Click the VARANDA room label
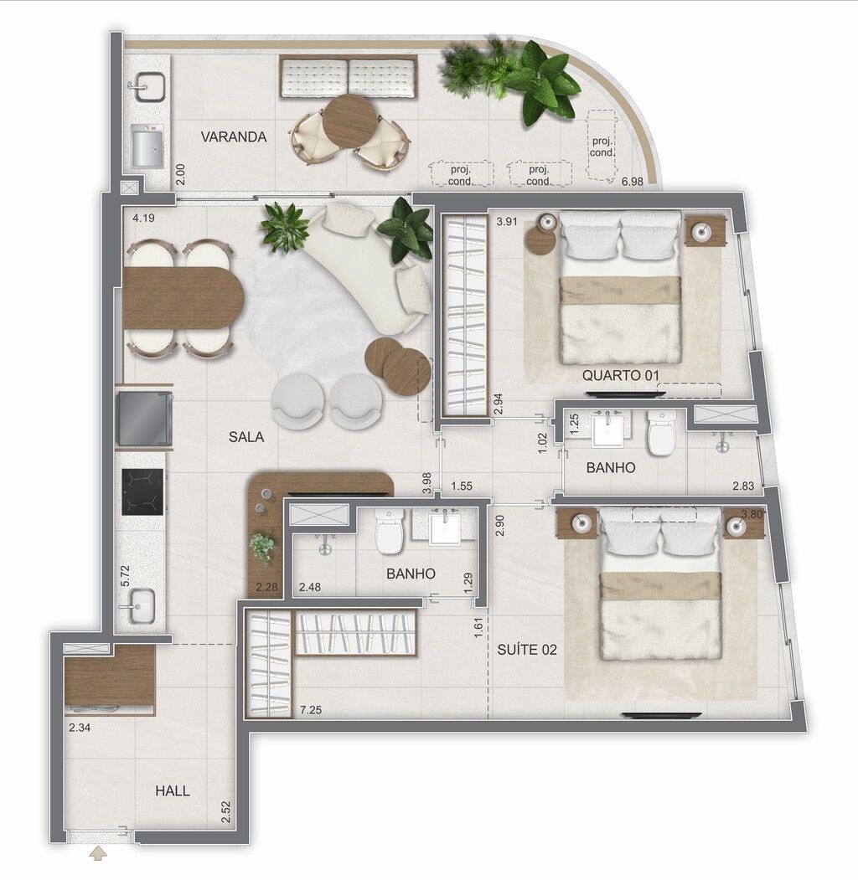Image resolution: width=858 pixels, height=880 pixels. [234, 137]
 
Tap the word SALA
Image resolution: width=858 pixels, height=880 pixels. [246, 436]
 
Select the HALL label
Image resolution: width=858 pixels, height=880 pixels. [173, 790]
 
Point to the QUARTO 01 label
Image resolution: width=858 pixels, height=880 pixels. [620, 375]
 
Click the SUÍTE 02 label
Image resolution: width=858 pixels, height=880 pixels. [527, 650]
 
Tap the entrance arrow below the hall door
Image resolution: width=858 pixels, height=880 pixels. [99, 853]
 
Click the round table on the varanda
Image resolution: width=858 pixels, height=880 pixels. [350, 121]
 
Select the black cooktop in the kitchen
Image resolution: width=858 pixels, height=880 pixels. [142, 491]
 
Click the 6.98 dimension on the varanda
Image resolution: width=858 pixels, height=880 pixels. [633, 182]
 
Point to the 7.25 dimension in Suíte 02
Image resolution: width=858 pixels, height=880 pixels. [311, 710]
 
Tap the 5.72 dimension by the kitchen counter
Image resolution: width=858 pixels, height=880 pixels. [125, 576]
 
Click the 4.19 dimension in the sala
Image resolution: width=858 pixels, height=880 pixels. [144, 217]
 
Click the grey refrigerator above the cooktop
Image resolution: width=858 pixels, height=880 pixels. [144, 419]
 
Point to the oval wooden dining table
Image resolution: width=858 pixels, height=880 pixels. [183, 298]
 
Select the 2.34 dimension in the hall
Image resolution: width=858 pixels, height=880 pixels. [80, 728]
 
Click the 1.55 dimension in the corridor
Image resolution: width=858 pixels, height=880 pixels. [462, 486]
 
